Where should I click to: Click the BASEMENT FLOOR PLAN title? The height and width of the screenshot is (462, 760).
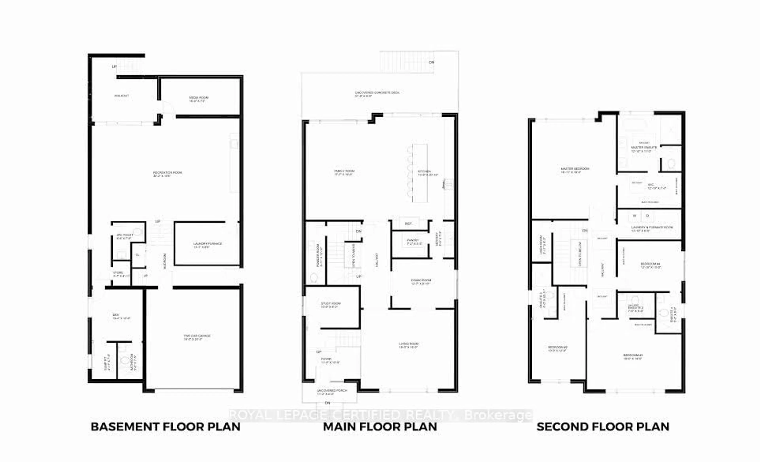(166, 427)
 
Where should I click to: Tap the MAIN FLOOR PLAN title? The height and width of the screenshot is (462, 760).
(380, 427)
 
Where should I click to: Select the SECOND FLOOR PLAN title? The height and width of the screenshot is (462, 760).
(603, 427)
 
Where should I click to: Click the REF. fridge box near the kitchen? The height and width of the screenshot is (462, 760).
(408, 223)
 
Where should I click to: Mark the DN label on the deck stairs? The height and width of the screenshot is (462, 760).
(431, 62)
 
